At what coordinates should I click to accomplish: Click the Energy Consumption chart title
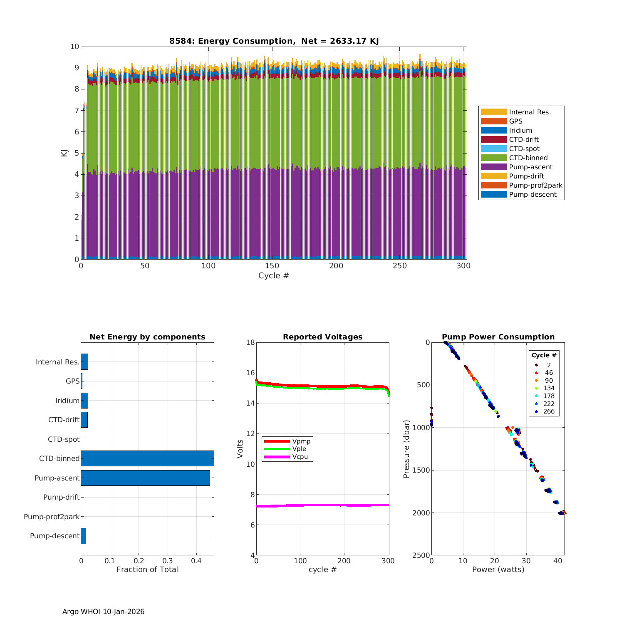point(274,41)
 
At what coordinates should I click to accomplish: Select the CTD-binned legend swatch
point(494,158)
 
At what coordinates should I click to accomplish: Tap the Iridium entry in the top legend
point(520,131)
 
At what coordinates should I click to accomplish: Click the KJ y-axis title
point(64,153)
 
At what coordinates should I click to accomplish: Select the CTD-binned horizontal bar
point(147,458)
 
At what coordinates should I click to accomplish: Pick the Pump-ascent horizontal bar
point(145,478)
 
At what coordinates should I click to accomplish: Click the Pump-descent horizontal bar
point(84,536)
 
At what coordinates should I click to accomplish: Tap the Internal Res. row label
point(57,362)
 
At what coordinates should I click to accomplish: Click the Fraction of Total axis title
point(147,570)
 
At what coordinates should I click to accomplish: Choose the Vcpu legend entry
point(300,457)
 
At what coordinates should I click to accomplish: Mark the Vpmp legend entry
point(301,441)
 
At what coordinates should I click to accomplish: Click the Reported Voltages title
point(322,337)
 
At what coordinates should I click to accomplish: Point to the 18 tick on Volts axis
point(250,342)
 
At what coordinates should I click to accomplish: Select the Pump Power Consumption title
point(498,337)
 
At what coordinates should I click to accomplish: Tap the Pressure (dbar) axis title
point(406,449)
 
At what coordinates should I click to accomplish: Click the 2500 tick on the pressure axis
point(422,555)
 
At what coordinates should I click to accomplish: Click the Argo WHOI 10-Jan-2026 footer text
point(103,612)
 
